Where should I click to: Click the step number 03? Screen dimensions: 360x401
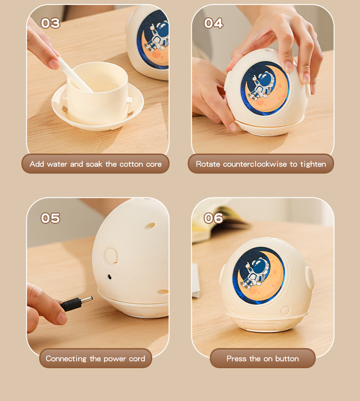pyautogui.click(x=51, y=23)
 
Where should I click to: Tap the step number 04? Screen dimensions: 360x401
pyautogui.click(x=214, y=23)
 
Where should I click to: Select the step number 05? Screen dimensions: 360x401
pyautogui.click(x=51, y=218)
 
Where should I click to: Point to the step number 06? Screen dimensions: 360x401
pyautogui.click(x=214, y=218)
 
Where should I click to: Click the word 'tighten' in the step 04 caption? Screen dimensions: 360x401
pyautogui.click(x=313, y=164)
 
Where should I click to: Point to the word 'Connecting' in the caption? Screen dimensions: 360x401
pyautogui.click(x=66, y=359)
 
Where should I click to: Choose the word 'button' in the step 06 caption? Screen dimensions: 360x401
pyautogui.click(x=287, y=359)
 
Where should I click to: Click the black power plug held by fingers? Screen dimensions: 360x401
pyautogui.click(x=77, y=303)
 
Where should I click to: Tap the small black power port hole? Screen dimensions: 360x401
pyautogui.click(x=109, y=277)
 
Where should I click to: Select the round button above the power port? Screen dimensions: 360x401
pyautogui.click(x=111, y=255)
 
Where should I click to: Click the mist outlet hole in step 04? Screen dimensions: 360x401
pyautogui.click(x=267, y=50)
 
